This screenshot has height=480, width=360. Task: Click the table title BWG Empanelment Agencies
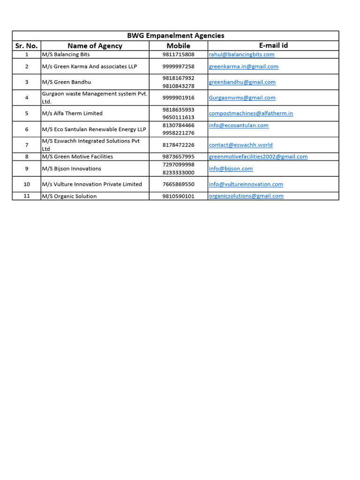(x=175, y=36)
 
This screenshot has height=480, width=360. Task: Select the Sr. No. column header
(x=26, y=45)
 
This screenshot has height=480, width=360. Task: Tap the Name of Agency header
(x=95, y=45)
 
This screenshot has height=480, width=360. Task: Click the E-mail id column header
(x=273, y=45)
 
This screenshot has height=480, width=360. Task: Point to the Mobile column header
(x=178, y=45)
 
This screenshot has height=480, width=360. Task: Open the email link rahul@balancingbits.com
(x=241, y=54)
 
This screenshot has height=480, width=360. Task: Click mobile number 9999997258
(x=178, y=67)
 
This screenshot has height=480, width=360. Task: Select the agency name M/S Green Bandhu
(x=67, y=82)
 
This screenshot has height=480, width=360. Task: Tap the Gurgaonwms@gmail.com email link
(x=242, y=97)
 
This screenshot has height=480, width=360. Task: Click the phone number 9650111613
(x=178, y=117)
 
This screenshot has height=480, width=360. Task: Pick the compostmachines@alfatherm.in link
(x=251, y=113)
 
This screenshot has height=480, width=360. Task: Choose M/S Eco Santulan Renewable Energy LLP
(x=94, y=129)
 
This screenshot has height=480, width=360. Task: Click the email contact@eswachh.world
(x=240, y=145)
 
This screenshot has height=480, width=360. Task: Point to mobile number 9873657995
(x=178, y=157)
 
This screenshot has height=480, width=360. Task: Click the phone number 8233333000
(x=178, y=172)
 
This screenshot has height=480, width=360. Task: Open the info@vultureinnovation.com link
(x=246, y=184)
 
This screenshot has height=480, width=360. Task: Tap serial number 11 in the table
(x=27, y=196)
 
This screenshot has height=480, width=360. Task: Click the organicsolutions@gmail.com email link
(x=246, y=196)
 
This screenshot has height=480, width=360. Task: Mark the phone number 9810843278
(x=178, y=86)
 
